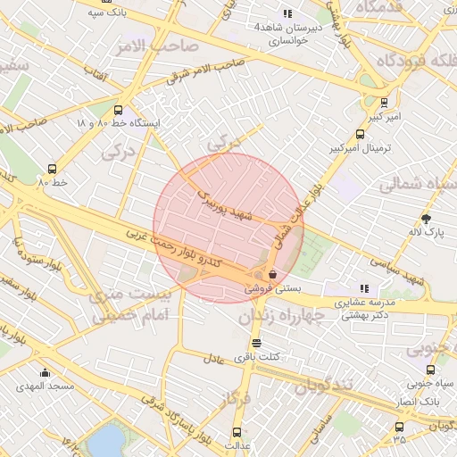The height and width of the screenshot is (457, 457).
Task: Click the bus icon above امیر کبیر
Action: [x=384, y=103]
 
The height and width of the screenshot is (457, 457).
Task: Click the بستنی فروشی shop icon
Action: [x=271, y=274]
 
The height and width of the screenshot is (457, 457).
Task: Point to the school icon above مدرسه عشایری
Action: [x=364, y=288]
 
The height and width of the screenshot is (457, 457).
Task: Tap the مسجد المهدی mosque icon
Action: [x=46, y=372]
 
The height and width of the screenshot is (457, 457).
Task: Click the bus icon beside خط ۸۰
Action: [x=52, y=168]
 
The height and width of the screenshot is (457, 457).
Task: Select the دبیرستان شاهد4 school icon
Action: [x=287, y=13]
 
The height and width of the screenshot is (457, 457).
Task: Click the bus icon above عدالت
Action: [x=237, y=431]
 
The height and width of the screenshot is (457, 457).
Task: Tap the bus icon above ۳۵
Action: [x=398, y=427]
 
